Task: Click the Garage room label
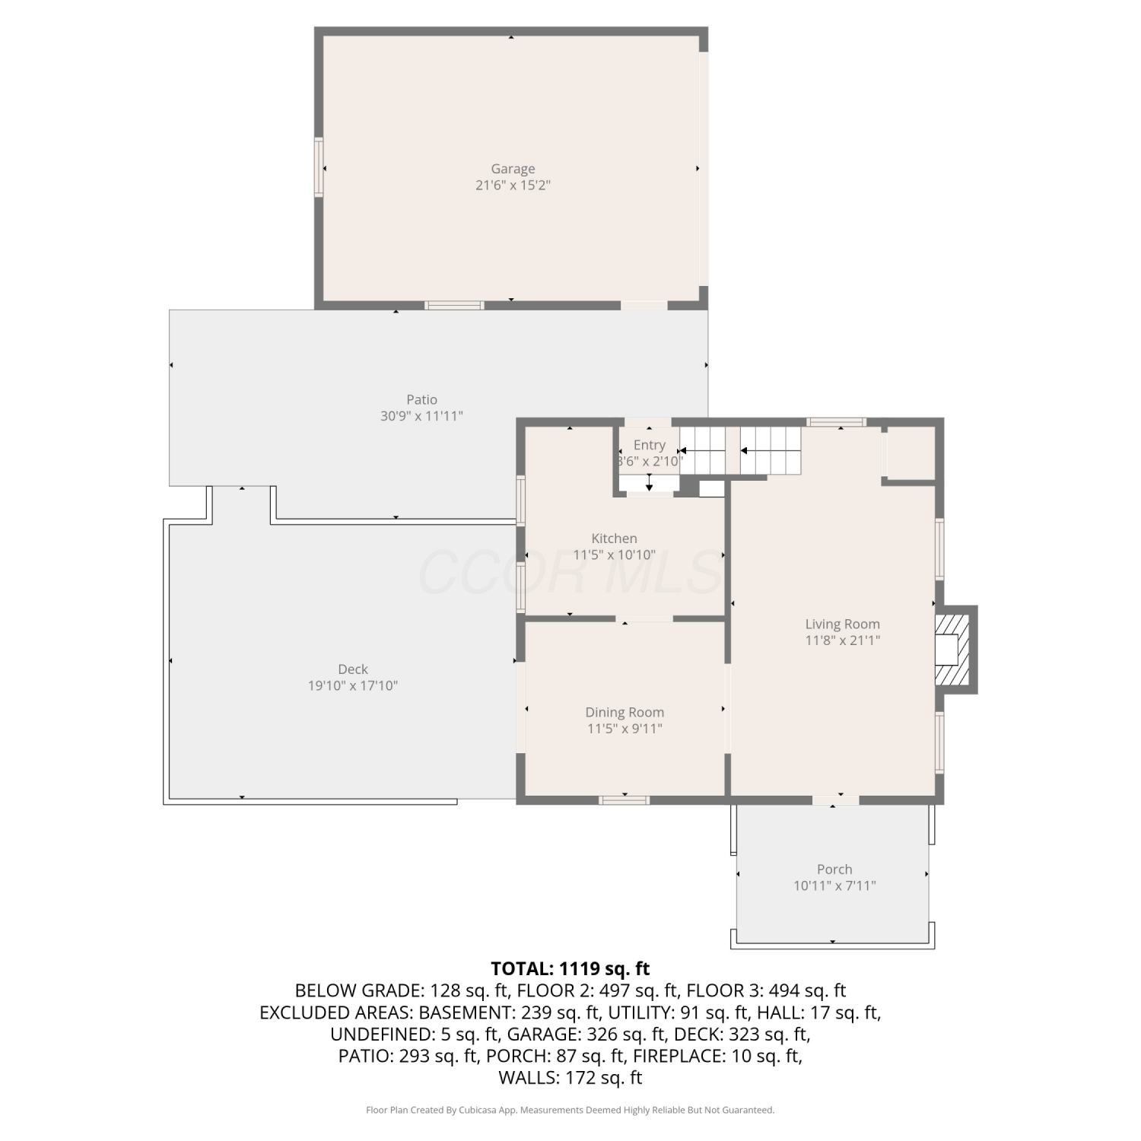pos(513,169)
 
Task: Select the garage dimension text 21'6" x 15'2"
pos(513,185)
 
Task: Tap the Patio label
pos(421,399)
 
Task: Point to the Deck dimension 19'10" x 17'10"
pos(353,685)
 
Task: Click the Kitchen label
pos(615,539)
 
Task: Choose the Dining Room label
pos(625,713)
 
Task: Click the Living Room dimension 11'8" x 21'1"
pos(843,640)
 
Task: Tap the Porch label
pos(834,869)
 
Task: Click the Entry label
pos(649,446)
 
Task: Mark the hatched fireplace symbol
pos(952,650)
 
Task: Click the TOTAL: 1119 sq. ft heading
pos(570,968)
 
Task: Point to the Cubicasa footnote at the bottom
pos(570,1110)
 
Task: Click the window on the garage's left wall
pos(319,167)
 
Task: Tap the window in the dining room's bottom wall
pos(624,799)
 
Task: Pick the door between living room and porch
pos(835,799)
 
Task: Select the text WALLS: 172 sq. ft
pos(570,1078)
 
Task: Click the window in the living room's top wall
pos(836,422)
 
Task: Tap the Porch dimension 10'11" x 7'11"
pos(834,885)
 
